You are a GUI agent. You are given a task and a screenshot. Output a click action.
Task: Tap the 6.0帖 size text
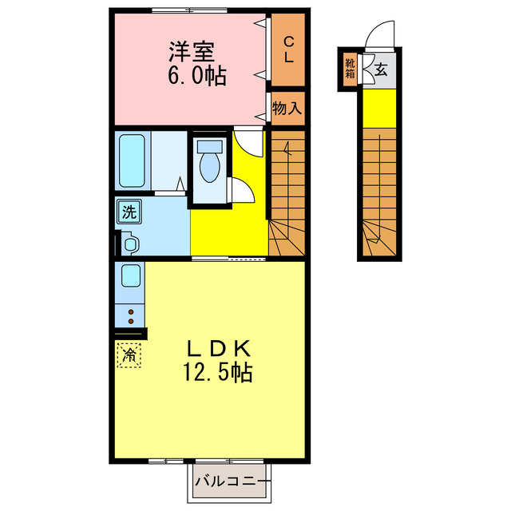[x=196, y=77]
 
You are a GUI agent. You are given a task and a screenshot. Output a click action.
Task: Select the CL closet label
[x=288, y=50]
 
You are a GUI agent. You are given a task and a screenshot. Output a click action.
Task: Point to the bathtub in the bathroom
[x=132, y=160]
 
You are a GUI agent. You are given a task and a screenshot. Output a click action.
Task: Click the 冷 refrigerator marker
[x=129, y=354]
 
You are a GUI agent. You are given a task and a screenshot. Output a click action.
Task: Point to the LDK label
[x=220, y=348]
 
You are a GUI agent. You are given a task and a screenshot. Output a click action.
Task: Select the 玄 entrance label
[x=381, y=69]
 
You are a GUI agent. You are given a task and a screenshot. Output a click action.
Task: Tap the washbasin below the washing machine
[x=130, y=243]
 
